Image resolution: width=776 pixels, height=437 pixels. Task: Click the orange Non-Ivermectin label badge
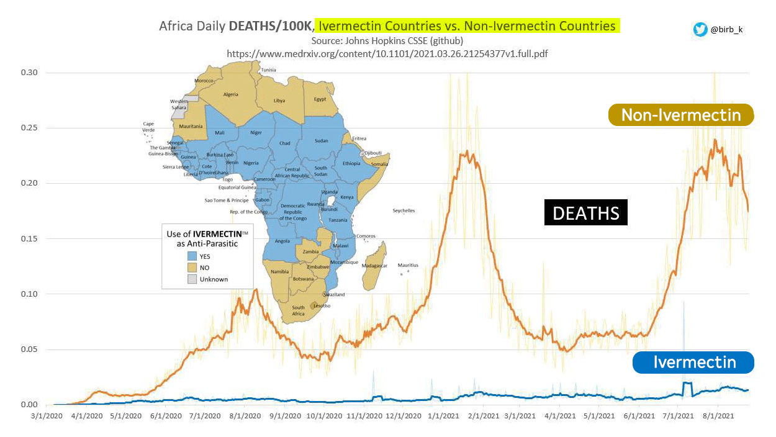coord(681,115)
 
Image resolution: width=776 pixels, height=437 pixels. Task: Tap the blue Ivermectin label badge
coord(693,363)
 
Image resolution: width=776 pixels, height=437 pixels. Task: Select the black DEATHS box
coord(585,212)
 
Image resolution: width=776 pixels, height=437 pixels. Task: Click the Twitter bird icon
coord(700,29)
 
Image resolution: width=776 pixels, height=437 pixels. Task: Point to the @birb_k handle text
coord(726,29)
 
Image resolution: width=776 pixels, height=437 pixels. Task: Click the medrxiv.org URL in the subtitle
coord(387,53)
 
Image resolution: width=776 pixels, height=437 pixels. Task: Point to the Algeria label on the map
coord(230,94)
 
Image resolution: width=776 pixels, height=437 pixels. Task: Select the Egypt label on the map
coord(320,99)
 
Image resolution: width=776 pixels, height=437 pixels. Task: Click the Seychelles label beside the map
coord(404,211)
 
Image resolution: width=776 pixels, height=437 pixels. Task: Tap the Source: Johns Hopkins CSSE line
coord(387,40)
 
